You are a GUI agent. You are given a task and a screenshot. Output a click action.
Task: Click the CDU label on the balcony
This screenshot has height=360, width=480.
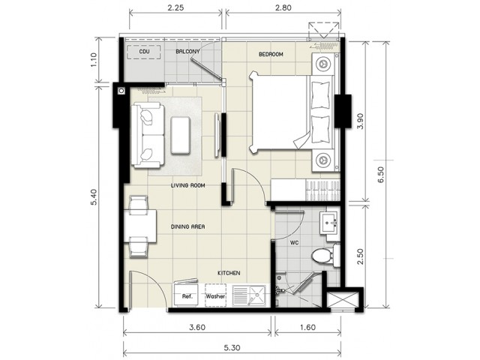pos(144,52)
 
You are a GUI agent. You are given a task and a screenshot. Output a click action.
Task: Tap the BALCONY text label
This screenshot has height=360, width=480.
pos(187,52)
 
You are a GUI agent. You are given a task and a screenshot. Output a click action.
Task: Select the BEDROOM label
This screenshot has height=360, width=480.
pos(271,54)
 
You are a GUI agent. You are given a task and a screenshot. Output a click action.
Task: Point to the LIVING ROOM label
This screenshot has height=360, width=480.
pos(187,185)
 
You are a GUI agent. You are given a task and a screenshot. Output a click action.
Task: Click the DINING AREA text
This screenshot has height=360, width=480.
pos(187,226)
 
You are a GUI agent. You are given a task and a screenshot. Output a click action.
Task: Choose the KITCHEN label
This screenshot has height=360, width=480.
pos(229,273)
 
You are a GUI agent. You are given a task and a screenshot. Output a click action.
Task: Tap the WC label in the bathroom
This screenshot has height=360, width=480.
pos(294,243)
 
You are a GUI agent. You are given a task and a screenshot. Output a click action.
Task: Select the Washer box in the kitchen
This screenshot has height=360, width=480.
pos(215,295)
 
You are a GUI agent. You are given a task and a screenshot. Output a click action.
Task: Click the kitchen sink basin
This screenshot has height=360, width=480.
pos(257,295)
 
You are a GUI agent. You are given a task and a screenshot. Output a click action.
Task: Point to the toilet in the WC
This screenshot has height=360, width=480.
pos(325,256)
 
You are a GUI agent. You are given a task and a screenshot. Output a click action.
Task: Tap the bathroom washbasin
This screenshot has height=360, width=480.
pos(329,222)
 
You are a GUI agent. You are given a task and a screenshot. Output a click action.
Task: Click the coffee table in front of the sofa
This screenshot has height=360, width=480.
pos(181,135)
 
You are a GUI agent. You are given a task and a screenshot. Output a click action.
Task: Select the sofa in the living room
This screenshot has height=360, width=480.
pos(148,135)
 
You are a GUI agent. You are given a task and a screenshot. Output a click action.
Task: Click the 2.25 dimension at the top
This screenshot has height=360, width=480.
pos(175,7)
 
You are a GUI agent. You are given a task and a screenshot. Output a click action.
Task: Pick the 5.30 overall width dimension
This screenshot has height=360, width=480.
pos(232,348)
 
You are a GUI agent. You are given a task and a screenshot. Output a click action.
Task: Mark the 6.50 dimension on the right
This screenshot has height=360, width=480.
pos(381,175)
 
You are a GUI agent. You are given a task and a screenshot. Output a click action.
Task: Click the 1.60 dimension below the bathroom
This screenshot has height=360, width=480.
pos(307,327)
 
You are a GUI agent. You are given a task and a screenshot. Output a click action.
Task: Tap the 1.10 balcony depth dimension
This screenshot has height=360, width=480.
pos(93,60)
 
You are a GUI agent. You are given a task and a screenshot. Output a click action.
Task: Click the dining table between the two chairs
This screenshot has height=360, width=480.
pos(140,226)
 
